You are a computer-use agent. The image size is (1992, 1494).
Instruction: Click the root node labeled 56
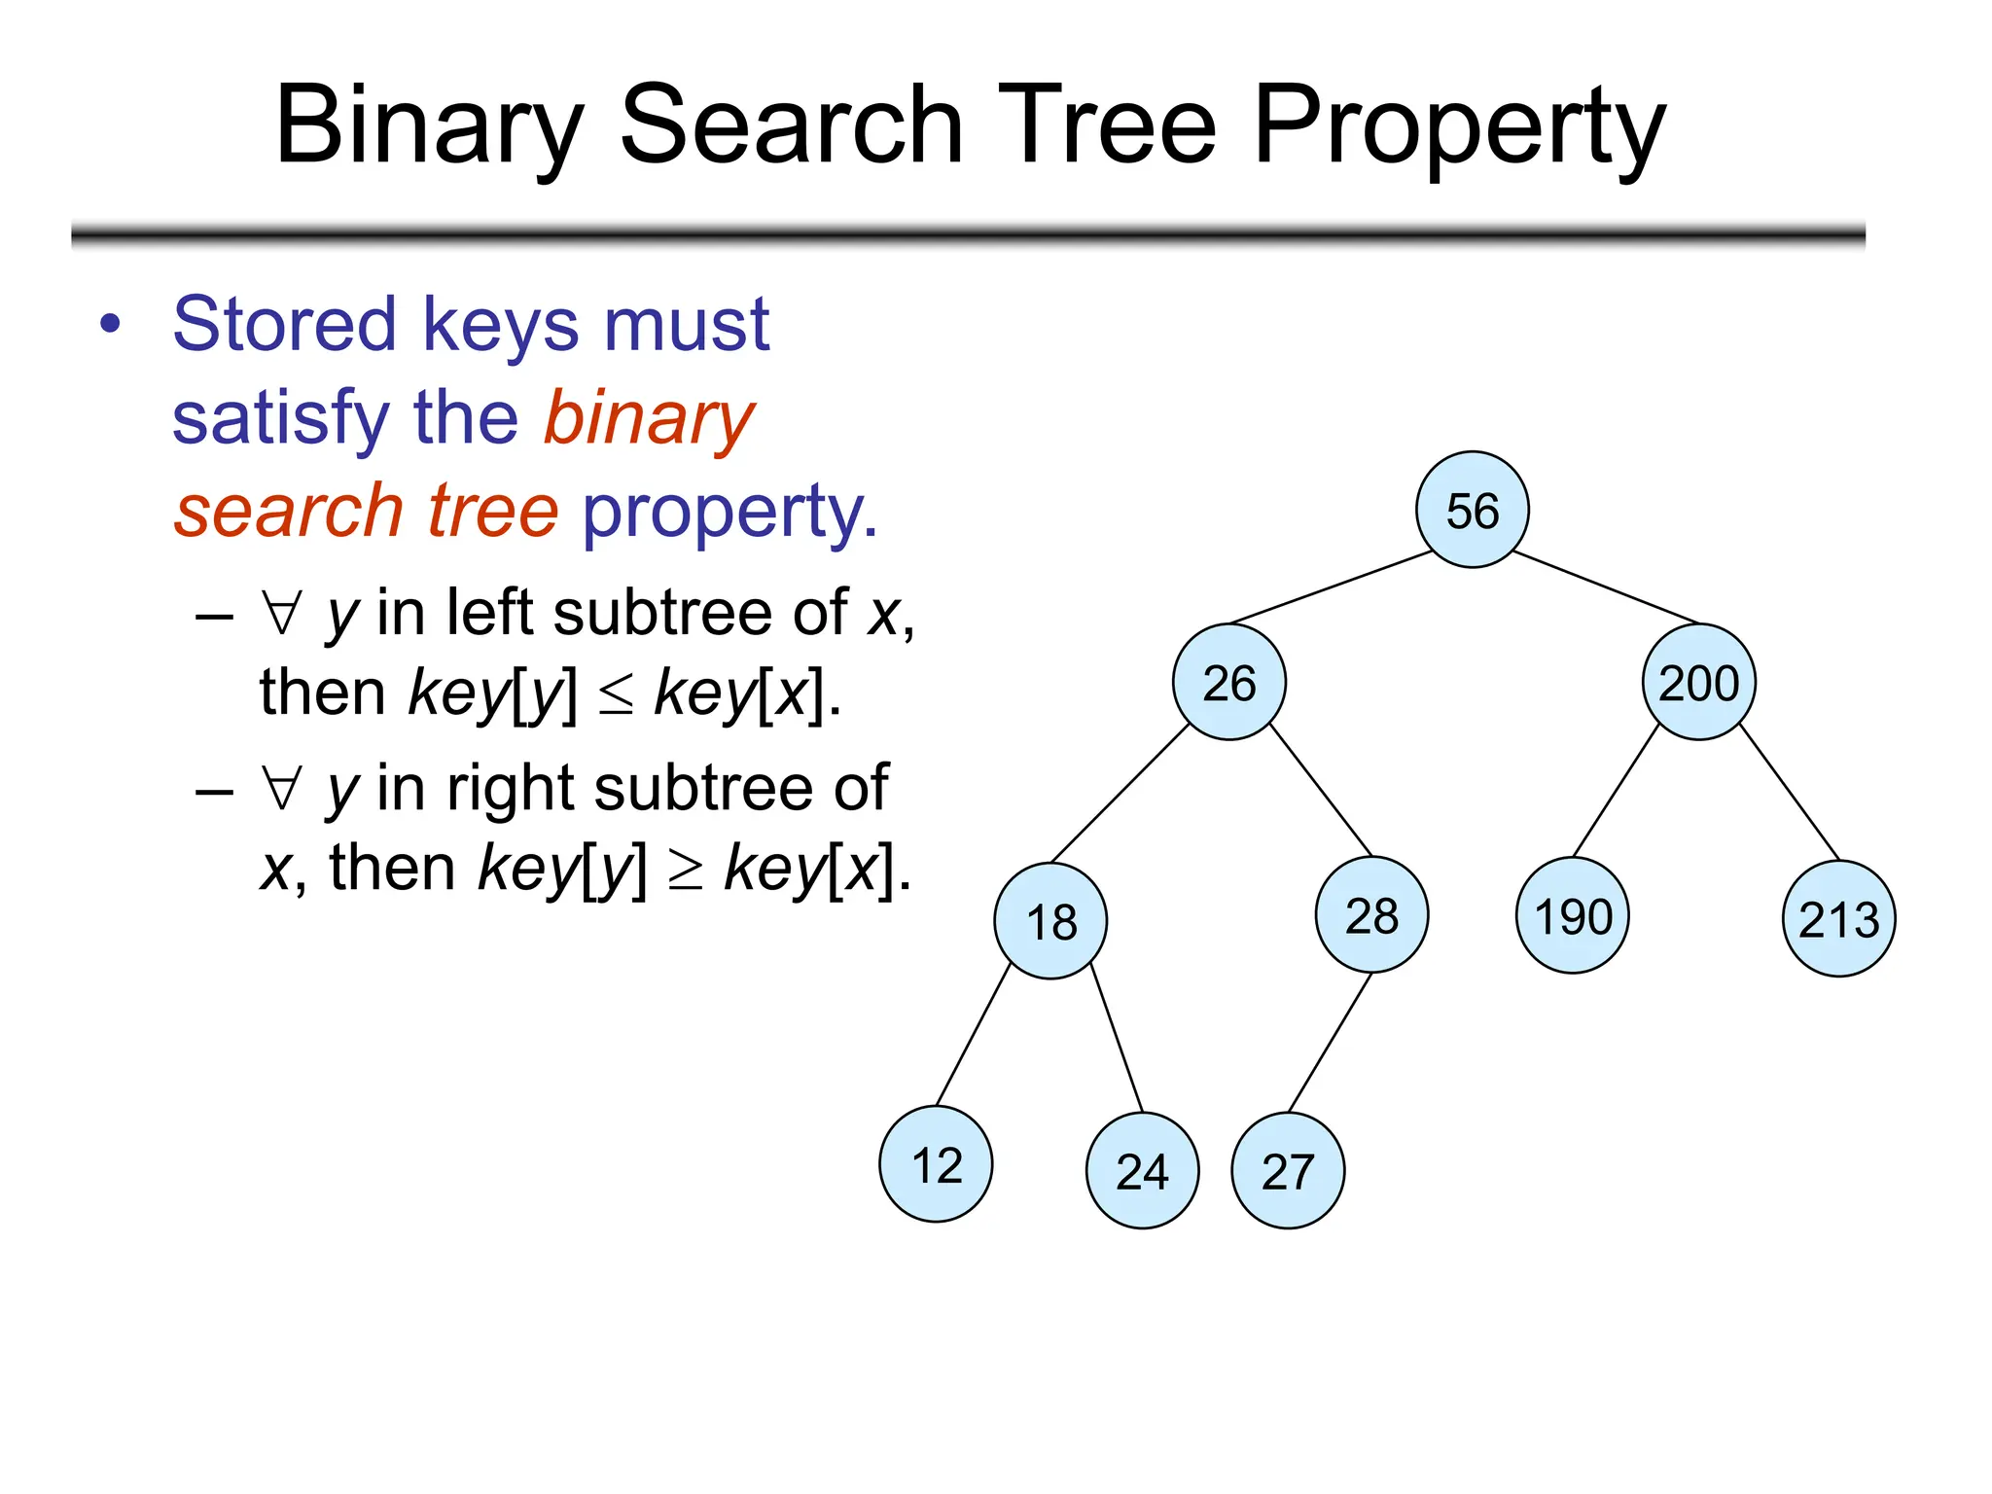click(x=1472, y=510)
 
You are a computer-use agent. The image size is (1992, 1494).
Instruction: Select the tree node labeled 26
click(x=1229, y=682)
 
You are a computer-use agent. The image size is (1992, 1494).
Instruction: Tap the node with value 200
click(x=1698, y=682)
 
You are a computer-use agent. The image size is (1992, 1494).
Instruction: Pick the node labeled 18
click(x=1050, y=920)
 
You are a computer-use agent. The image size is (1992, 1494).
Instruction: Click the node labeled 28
click(x=1371, y=915)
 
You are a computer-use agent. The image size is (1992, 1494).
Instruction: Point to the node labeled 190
click(x=1573, y=915)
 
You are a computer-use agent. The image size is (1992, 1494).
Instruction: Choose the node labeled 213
click(x=1838, y=918)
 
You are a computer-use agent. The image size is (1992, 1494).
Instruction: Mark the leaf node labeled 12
click(x=936, y=1164)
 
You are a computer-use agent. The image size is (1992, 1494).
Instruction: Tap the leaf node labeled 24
click(x=1142, y=1170)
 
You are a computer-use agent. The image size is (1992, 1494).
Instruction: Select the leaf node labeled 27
click(x=1288, y=1170)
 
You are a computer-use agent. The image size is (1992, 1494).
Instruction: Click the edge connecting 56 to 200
click(x=1605, y=587)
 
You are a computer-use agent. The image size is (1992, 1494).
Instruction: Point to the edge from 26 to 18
click(x=1120, y=793)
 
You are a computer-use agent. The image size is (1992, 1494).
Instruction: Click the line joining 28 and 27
click(x=1330, y=1042)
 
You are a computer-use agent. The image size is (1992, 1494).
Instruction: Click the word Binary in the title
click(x=429, y=126)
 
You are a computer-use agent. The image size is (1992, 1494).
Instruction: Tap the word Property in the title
click(x=1459, y=126)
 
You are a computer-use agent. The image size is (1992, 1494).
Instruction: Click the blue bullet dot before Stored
click(x=111, y=325)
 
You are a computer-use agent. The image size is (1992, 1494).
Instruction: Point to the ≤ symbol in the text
click(x=615, y=694)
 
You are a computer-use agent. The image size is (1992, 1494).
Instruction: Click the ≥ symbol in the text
click(x=685, y=870)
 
